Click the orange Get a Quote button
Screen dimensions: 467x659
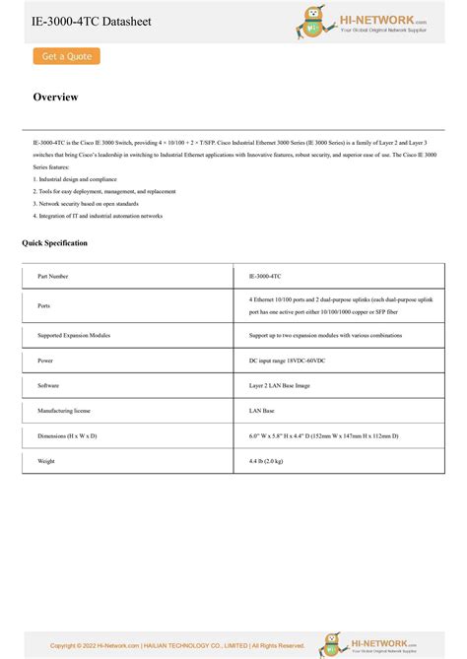67,56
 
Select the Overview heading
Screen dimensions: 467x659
55,98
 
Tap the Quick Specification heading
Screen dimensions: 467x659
55,242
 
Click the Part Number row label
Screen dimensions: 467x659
53,277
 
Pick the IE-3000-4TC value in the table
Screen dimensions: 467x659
265,277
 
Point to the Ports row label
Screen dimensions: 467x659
44,305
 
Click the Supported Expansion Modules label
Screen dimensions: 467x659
74,335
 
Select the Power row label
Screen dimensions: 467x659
45,361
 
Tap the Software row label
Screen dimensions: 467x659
48,385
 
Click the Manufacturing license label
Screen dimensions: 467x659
64,410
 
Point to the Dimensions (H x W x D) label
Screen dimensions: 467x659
67,435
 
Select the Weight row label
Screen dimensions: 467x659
46,460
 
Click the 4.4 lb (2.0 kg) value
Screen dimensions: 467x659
266,460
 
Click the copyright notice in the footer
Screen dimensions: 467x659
177,645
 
